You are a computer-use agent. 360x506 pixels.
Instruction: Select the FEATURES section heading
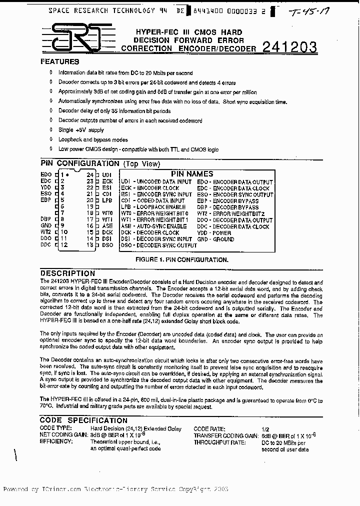coord(59,62)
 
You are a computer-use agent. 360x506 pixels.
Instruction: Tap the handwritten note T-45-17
coord(311,11)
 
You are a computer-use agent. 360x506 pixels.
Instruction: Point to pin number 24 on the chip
coord(90,174)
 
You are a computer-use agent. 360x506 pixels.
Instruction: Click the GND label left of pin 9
coord(46,225)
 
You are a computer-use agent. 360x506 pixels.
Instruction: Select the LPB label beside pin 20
coord(106,200)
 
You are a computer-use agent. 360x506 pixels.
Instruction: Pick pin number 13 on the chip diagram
coord(90,245)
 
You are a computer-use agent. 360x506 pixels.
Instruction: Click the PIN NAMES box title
coord(192,173)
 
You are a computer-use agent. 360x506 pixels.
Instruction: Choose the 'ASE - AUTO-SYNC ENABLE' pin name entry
coord(153,226)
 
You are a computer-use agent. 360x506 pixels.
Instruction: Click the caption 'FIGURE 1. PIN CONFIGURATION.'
coord(182,260)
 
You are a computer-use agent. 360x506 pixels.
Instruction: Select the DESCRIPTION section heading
coord(67,273)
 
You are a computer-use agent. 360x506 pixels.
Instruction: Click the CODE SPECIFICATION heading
coord(83,420)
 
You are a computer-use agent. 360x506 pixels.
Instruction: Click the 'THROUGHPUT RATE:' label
coord(219,442)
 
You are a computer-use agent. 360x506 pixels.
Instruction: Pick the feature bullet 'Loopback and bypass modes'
coord(93,139)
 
